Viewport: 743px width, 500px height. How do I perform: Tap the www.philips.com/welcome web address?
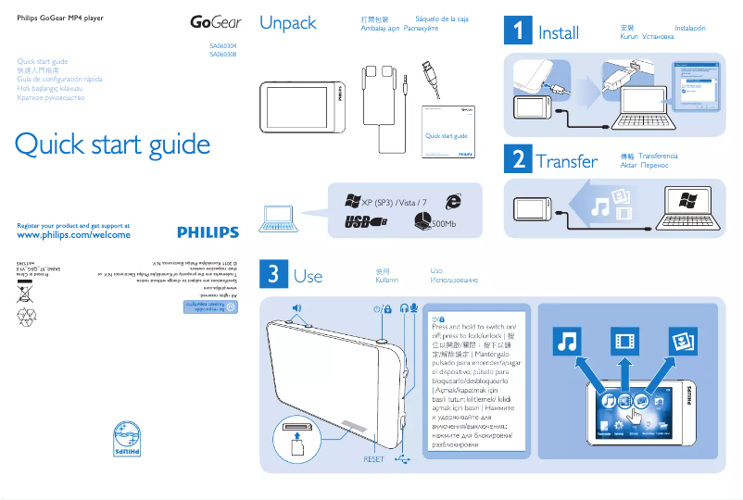pos(74,236)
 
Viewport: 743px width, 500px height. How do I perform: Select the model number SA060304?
pos(223,45)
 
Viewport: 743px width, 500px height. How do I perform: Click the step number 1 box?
pos(516,31)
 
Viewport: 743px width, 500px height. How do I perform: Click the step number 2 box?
pos(516,159)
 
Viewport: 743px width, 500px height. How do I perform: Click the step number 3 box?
pos(272,274)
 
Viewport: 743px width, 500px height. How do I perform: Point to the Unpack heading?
pos(288,23)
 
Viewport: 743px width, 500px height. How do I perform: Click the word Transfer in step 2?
pos(567,161)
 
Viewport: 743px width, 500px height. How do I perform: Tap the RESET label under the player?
pos(373,459)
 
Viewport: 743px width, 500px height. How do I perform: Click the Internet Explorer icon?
pos(453,201)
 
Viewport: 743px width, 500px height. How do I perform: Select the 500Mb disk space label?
pos(445,223)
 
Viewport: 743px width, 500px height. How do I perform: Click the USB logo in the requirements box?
pos(364,222)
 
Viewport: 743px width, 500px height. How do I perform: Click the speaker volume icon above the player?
pos(296,306)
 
